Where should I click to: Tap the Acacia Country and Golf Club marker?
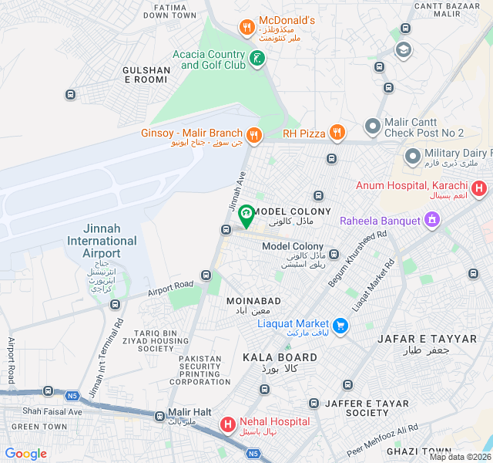coord(257,57)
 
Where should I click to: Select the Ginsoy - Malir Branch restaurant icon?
coord(254,136)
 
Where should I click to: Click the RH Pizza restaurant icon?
coord(336,133)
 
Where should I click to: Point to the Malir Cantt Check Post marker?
coord(373,125)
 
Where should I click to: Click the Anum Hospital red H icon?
coord(479,188)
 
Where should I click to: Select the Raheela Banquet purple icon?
coord(432,221)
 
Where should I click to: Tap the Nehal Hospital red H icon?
coord(228,424)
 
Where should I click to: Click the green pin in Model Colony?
coord(246,215)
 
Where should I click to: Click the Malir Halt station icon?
coord(159,416)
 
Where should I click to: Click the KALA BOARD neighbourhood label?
coord(280,357)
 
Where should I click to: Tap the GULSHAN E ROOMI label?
coord(146,75)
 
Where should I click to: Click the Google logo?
coord(25,454)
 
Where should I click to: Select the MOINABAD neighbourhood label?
coord(253,300)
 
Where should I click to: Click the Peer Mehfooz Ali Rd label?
coord(382,439)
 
